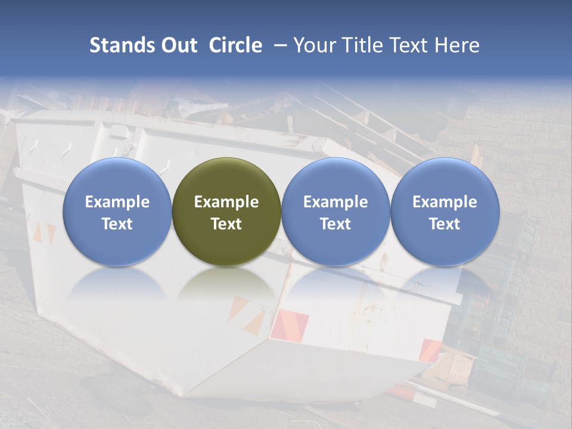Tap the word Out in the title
click(x=178, y=45)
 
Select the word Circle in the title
click(x=235, y=45)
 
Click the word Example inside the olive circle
click(x=226, y=202)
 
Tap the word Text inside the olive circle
click(x=226, y=224)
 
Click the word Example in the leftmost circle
click(x=117, y=202)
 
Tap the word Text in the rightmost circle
click(x=444, y=224)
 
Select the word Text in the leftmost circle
click(x=117, y=224)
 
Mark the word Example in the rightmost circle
click(x=444, y=202)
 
